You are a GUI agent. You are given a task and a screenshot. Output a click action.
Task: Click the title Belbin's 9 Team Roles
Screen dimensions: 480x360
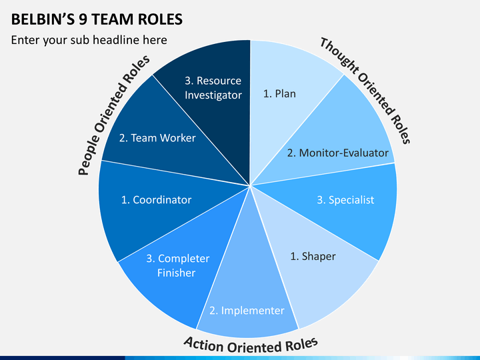[97, 19]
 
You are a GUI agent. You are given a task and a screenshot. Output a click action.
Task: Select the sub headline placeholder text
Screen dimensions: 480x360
[89, 40]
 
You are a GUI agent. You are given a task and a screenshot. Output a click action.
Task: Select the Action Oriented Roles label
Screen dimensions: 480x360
[251, 345]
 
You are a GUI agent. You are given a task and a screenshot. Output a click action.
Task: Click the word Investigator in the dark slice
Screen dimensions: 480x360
[213, 95]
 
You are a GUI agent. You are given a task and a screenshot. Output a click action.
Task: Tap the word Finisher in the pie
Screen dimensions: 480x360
[176, 273]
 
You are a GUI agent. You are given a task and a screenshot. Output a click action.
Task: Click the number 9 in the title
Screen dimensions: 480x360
[83, 19]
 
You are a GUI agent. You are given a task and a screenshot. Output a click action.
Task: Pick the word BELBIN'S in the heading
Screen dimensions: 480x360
[43, 19]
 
